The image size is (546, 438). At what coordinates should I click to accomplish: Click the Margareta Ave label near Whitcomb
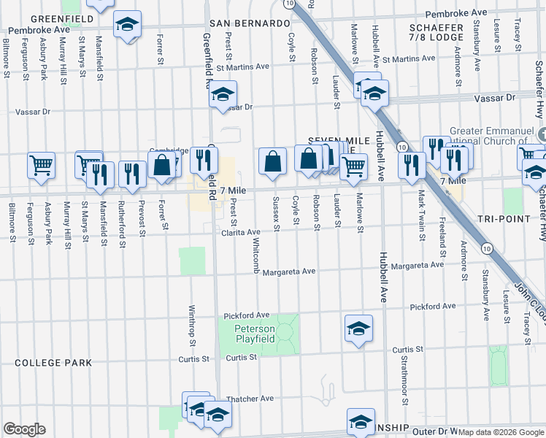pyautogui.click(x=289, y=271)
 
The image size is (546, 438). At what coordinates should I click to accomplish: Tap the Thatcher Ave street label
pyautogui.click(x=250, y=399)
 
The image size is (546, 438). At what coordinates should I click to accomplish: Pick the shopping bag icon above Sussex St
pyautogui.click(x=272, y=161)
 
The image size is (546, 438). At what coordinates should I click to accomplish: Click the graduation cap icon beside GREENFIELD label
pyautogui.click(x=128, y=25)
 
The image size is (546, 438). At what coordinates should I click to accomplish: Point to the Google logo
pyautogui.click(x=25, y=429)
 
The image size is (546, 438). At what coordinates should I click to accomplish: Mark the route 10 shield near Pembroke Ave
pyautogui.click(x=291, y=4)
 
